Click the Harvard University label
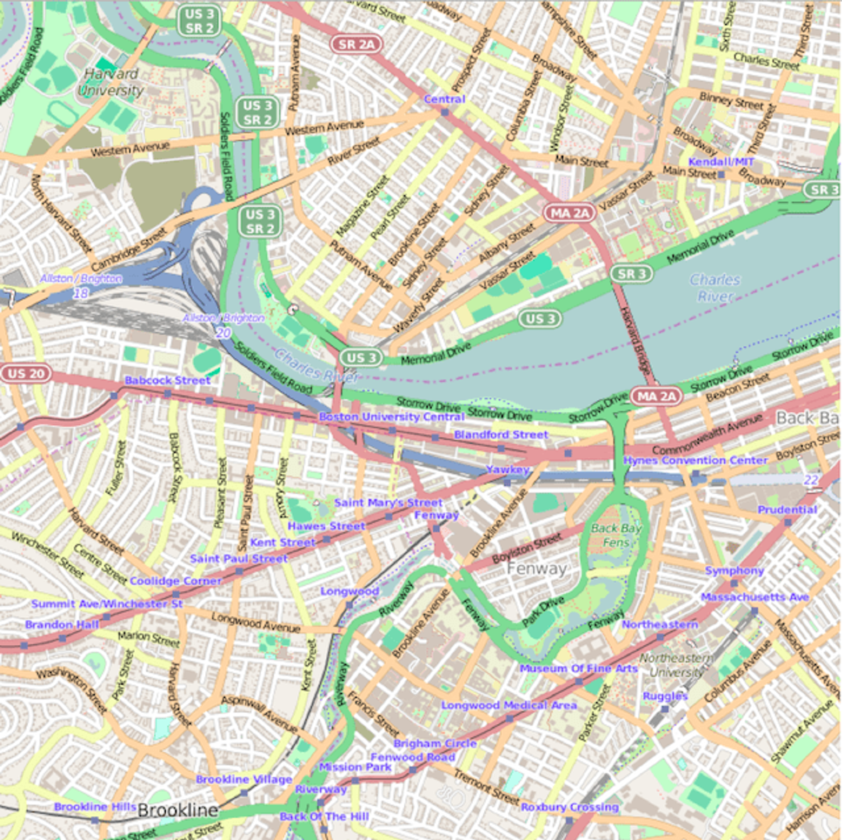coord(111,82)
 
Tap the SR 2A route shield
coord(356,44)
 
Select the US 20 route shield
coord(26,373)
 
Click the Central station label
coord(444,99)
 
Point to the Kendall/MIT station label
coord(721,162)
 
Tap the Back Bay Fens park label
coord(616,535)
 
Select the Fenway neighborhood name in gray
coord(537,569)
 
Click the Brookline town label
coord(178,810)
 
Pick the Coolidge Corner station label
coord(175,581)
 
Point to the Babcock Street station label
coord(168,380)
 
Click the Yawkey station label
coord(508,469)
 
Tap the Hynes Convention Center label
coord(695,460)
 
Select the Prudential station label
coord(787,510)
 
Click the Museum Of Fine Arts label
coord(578,668)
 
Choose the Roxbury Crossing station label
coord(570,807)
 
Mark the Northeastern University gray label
coord(677,665)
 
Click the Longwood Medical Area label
coord(509,705)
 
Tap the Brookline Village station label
coord(244,779)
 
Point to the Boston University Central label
coord(392,416)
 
